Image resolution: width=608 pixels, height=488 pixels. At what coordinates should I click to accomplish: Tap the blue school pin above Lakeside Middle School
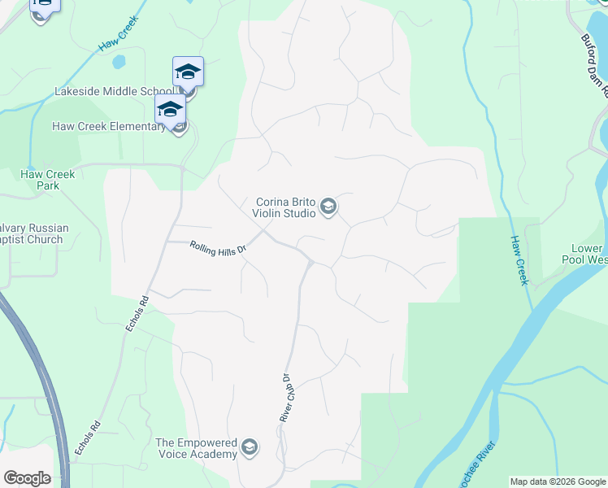tap(188, 72)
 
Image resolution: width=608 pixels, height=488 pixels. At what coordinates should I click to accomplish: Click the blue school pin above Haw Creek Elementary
tap(170, 109)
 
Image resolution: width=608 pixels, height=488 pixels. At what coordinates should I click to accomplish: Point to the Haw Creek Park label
tap(49, 180)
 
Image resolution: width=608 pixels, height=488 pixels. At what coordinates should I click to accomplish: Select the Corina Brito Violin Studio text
tap(285, 207)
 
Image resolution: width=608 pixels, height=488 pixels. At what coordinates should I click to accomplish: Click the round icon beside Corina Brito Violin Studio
tap(328, 207)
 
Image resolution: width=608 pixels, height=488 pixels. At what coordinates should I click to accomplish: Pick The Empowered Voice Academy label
tap(196, 448)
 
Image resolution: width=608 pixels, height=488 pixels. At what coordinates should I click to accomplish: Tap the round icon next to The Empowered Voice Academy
tap(250, 447)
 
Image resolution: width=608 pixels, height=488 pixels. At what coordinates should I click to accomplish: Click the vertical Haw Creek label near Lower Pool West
tap(519, 260)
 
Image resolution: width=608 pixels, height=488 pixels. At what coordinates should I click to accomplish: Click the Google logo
tap(27, 478)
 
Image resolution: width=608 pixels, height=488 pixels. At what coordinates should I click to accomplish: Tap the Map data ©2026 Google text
tap(558, 481)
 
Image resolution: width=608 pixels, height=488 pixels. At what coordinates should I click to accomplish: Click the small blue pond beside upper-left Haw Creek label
tap(119, 62)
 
